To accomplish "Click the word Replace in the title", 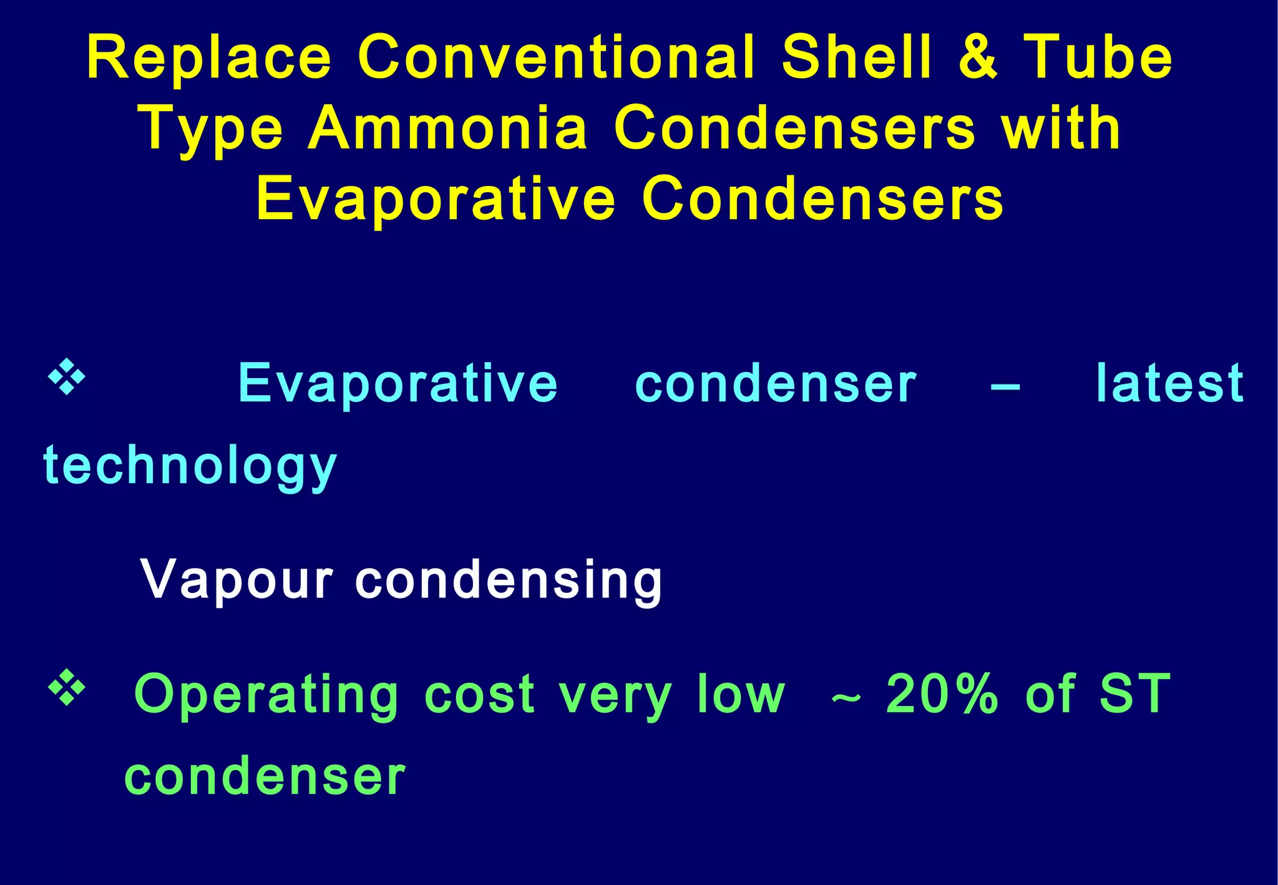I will pos(209,57).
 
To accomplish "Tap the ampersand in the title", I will pos(978,57).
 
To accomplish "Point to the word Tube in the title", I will pos(1098,57).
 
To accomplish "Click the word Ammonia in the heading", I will pos(448,129).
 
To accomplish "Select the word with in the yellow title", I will pos(1061,129).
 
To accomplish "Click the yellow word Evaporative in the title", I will pos(436,199).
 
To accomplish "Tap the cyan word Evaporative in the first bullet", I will pos(398,383).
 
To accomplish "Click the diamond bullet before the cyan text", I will pos(67,378).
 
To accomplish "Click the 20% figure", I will pos(942,694).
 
